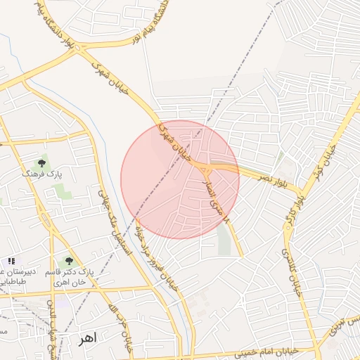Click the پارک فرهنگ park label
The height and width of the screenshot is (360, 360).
[x=41, y=173]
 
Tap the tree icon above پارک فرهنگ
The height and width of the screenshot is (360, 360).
[x=41, y=163]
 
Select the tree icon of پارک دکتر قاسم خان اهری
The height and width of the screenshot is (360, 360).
[x=68, y=261]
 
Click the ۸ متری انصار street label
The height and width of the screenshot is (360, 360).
[x=217, y=200]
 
